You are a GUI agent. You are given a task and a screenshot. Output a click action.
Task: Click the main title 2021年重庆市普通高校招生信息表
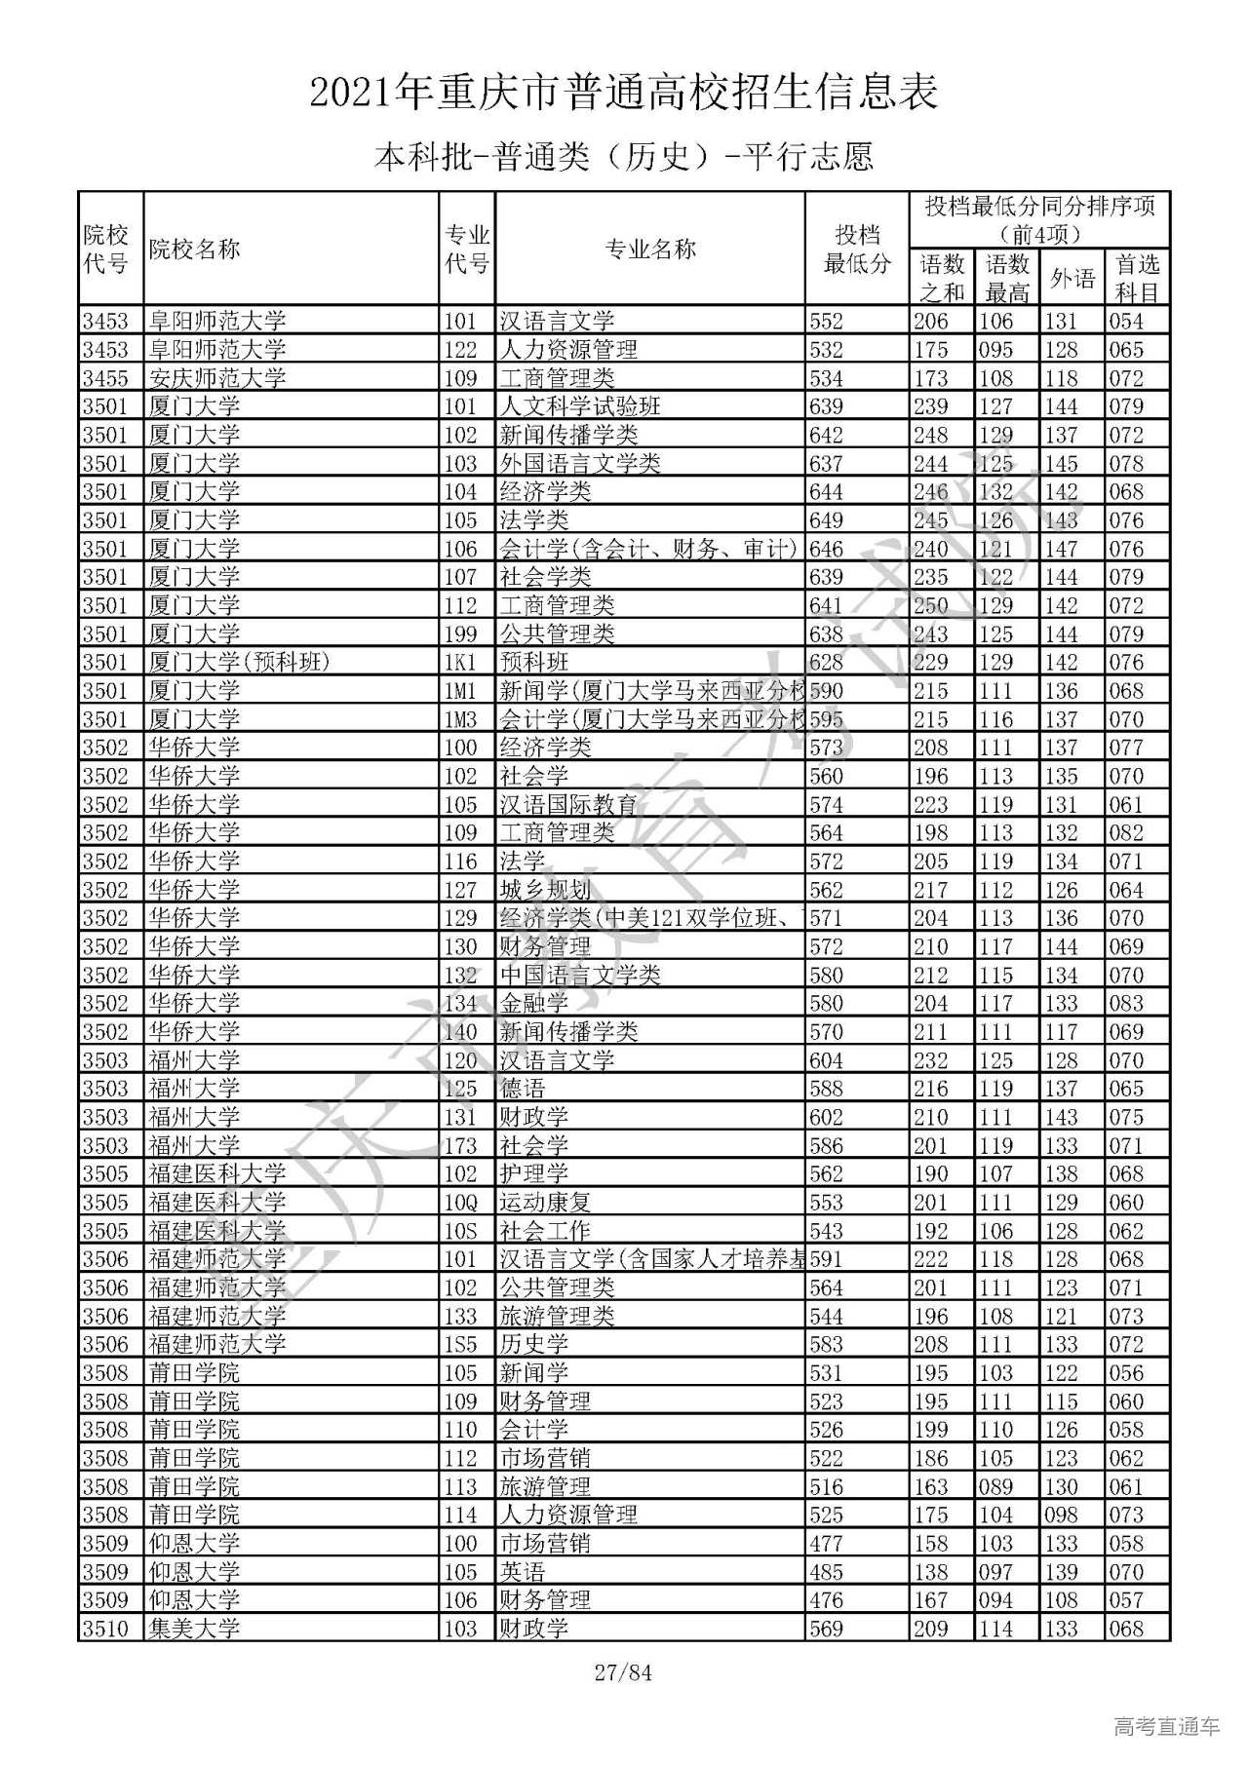[624, 93]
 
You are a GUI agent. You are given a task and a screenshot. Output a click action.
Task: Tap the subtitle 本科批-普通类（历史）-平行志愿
[624, 156]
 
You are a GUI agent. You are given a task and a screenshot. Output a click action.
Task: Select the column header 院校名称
[194, 249]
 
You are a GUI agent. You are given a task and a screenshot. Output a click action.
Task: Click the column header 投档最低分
[857, 249]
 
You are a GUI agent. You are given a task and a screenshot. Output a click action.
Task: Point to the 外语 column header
[1072, 279]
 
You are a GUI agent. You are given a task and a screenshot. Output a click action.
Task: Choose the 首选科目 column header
[1137, 279]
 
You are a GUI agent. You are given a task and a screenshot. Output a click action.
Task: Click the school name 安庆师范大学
[217, 378]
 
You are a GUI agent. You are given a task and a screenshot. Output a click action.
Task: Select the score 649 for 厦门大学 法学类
[827, 520]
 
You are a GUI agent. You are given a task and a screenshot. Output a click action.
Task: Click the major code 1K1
[460, 663]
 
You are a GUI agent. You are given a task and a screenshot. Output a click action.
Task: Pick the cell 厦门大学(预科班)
[240, 663]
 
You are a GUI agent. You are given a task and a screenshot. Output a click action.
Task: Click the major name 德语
[523, 1089]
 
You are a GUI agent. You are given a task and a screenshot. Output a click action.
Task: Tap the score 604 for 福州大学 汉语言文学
[827, 1060]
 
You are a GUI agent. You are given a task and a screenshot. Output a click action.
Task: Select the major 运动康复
[545, 1203]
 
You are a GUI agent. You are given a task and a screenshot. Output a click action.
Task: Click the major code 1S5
[460, 1345]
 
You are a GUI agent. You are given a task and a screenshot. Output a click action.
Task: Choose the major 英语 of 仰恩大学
[523, 1572]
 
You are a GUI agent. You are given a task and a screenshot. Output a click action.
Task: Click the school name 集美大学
[194, 1629]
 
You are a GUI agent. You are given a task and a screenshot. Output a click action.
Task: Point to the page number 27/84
[623, 1673]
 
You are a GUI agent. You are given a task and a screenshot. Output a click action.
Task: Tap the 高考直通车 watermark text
[1166, 1727]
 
